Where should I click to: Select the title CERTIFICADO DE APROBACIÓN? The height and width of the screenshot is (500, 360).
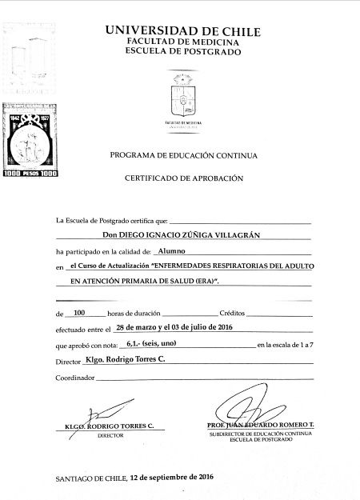coord(183,179)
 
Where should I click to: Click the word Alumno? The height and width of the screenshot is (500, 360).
coord(171,250)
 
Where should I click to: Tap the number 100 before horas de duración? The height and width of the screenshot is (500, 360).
coord(78,313)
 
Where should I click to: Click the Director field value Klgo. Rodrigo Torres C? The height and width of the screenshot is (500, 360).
coord(124,360)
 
